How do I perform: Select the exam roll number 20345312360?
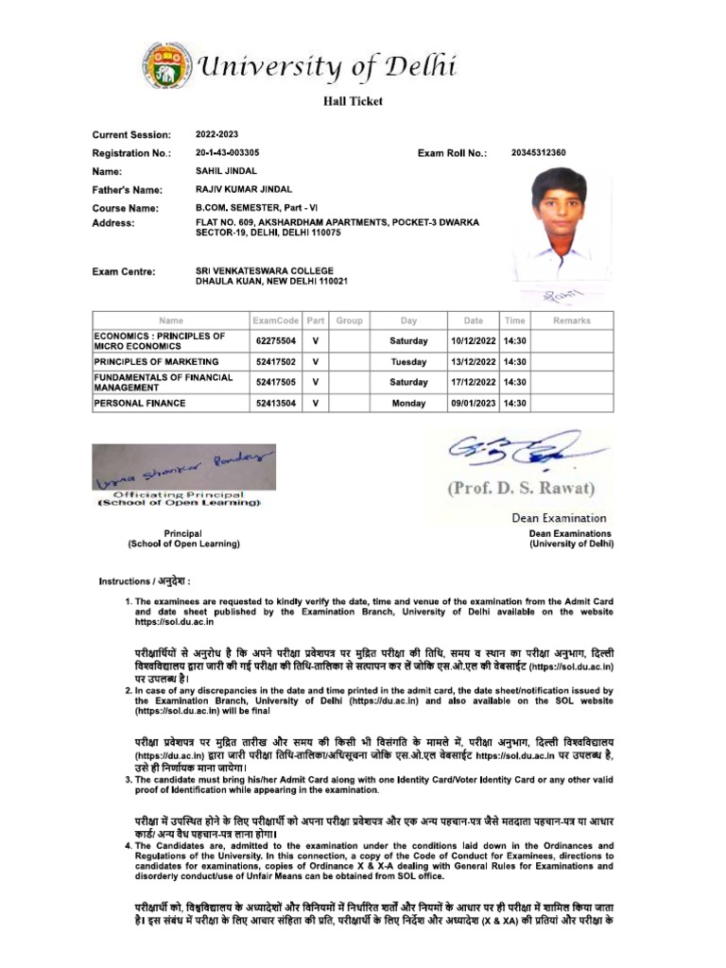click(538, 152)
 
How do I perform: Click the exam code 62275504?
click(275, 341)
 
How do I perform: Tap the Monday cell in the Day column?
click(408, 403)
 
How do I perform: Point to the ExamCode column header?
click(275, 320)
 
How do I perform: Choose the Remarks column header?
click(571, 320)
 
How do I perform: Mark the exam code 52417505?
click(275, 383)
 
